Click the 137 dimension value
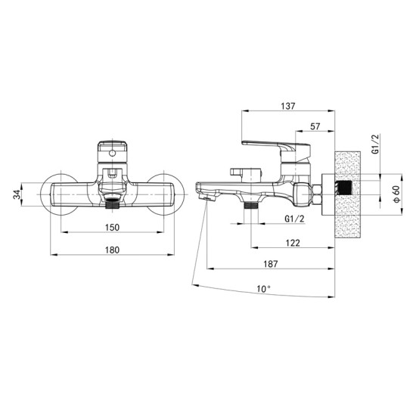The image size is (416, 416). click(x=288, y=106)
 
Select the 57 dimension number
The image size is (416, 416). click(x=315, y=126)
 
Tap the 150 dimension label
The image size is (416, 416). click(x=112, y=228)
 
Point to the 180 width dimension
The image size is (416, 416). click(x=112, y=250)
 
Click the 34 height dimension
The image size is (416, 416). click(x=17, y=194)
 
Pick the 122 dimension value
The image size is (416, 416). click(x=293, y=243)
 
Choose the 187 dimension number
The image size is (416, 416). click(x=271, y=264)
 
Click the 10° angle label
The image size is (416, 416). click(x=263, y=289)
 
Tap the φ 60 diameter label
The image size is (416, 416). click(x=397, y=194)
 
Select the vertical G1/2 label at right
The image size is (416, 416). click(x=375, y=144)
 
